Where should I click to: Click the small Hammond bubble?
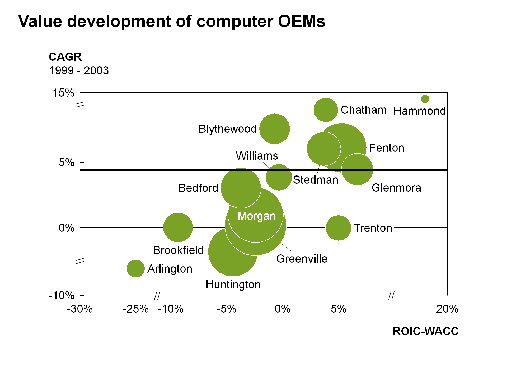click(x=425, y=99)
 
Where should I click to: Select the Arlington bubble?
click(x=136, y=269)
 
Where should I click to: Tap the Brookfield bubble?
click(x=178, y=227)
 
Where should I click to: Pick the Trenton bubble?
click(x=338, y=228)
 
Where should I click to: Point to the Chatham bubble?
click(x=326, y=110)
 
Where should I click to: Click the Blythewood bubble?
click(x=275, y=129)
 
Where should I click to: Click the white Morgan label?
click(x=257, y=216)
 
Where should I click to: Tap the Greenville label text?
click(x=302, y=259)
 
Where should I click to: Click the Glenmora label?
click(x=397, y=188)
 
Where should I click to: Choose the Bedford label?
click(x=198, y=188)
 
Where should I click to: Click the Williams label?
click(x=257, y=156)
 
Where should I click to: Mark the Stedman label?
click(x=316, y=180)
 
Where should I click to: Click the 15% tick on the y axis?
click(x=64, y=93)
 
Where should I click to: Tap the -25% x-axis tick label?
click(x=135, y=309)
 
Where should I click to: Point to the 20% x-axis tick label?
click(x=447, y=309)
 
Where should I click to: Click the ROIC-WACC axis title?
click(x=425, y=331)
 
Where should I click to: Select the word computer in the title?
click(x=234, y=22)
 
